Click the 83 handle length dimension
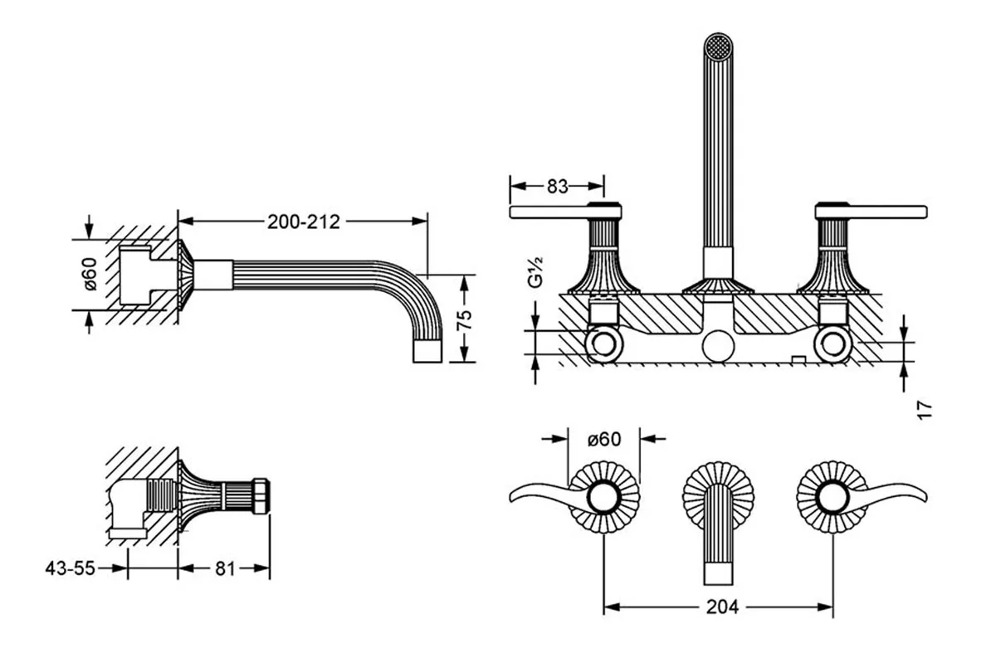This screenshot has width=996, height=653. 558,187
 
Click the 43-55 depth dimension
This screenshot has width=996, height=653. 71,568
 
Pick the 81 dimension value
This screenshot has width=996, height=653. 224,568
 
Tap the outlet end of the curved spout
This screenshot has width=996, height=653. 429,352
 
